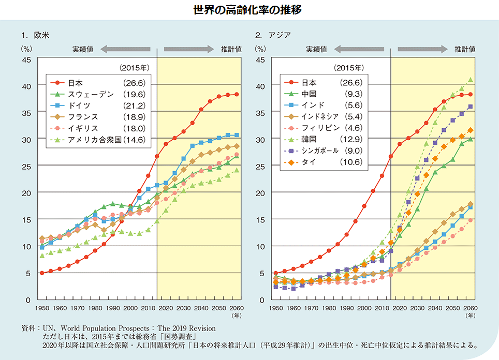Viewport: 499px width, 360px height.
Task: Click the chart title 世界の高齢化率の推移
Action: (x=250, y=9)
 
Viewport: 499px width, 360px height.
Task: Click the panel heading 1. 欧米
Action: (x=35, y=35)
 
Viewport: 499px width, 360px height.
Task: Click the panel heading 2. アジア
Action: (x=272, y=35)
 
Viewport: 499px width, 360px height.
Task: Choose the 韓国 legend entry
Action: (x=310, y=140)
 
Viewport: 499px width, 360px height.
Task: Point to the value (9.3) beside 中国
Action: (x=352, y=94)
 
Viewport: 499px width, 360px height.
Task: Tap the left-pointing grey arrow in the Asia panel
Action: (x=359, y=49)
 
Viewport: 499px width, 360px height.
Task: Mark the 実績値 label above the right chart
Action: (x=316, y=49)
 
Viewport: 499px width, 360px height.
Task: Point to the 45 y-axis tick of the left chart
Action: (x=27, y=59)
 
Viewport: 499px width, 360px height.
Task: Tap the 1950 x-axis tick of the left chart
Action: (x=42, y=308)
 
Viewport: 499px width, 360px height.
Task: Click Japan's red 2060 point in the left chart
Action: (x=237, y=94)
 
